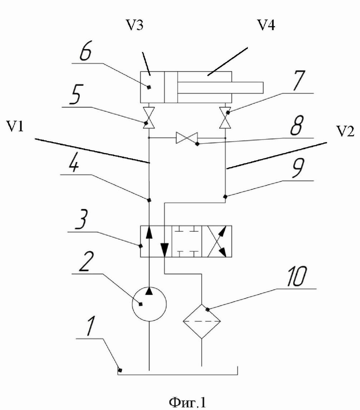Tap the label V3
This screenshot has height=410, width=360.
[x=135, y=25]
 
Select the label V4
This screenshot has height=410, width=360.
[x=266, y=25]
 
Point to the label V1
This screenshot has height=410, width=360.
[x=15, y=127]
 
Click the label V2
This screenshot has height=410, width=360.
[x=345, y=131]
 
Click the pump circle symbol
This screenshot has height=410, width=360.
[x=149, y=304]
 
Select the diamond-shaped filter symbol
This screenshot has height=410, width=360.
[x=202, y=321]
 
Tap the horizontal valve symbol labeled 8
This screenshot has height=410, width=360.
[x=186, y=138]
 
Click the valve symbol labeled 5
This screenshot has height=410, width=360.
[x=149, y=118]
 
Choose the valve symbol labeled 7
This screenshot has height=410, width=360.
[x=225, y=118]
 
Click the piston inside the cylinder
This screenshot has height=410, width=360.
[x=171, y=87]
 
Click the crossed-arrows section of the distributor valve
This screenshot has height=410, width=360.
[x=216, y=241]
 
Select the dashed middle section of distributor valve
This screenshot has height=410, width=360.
[x=186, y=241]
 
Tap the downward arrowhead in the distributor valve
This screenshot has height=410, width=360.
[x=165, y=250]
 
